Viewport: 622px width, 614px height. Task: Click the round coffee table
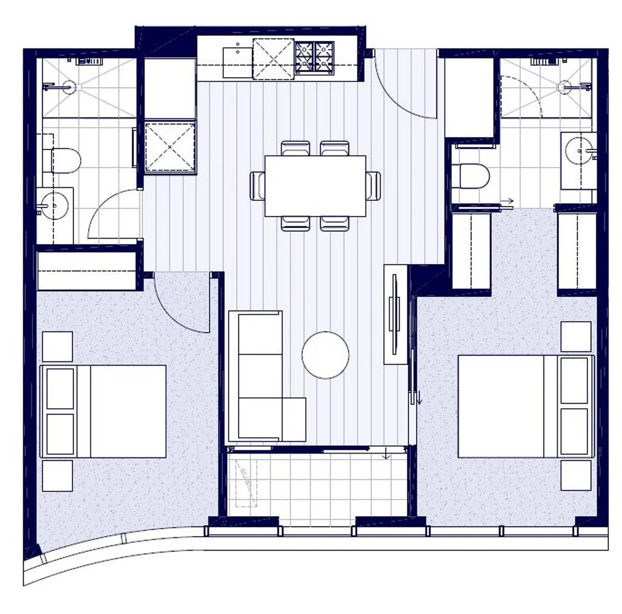coord(325,355)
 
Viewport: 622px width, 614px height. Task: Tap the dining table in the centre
coord(315,186)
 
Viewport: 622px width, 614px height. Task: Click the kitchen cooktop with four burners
coord(314,57)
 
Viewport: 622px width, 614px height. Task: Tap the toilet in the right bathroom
coord(474,176)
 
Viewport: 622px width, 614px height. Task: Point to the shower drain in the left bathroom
coord(69,87)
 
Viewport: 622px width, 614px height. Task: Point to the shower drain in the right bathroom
coord(564,87)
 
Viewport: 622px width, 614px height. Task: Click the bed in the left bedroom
coord(103,411)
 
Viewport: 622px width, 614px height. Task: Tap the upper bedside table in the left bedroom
coord(57,346)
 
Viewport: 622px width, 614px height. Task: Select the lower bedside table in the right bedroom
coord(575,475)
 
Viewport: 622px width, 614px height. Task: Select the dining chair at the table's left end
coord(258,185)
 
